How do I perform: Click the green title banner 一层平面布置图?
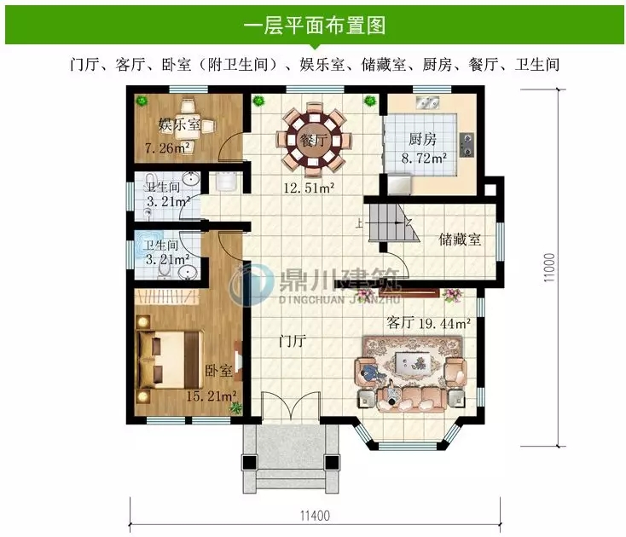click(x=313, y=24)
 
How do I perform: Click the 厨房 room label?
click(x=422, y=139)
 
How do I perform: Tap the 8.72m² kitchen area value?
click(x=424, y=158)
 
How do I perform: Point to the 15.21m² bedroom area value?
click(x=211, y=396)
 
